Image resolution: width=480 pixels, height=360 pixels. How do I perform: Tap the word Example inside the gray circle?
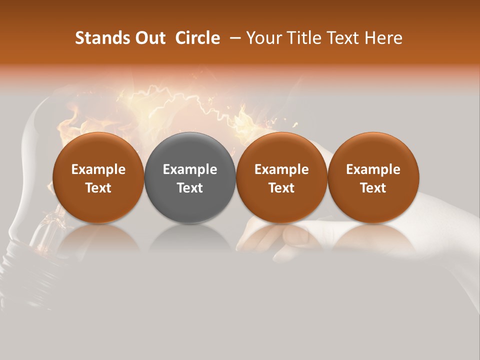(190, 170)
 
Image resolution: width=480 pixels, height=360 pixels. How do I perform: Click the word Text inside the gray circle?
(190, 188)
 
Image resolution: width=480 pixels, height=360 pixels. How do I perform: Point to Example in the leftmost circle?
(98, 170)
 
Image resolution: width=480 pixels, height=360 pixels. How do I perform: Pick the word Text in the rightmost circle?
(373, 188)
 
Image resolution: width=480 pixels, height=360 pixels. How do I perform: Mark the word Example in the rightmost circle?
(373, 170)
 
